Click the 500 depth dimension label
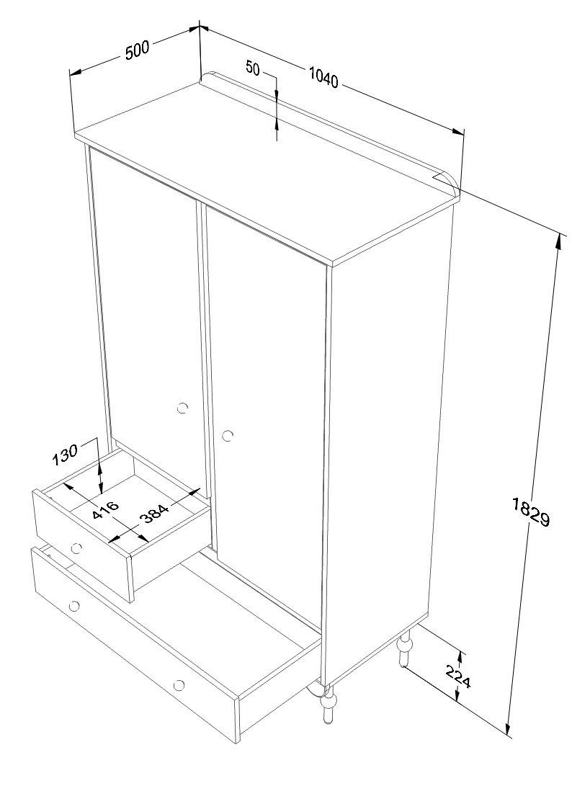[x=137, y=50]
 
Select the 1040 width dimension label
[x=323, y=78]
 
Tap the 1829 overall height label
[x=530, y=512]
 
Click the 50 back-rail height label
[x=253, y=68]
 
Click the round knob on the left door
[x=182, y=408]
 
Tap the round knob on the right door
[x=228, y=435]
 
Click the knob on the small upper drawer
[x=76, y=548]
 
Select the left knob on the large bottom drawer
[x=75, y=605]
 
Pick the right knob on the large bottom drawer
[x=179, y=685]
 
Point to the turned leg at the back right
[x=405, y=648]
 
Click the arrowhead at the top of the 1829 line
[x=558, y=242]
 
